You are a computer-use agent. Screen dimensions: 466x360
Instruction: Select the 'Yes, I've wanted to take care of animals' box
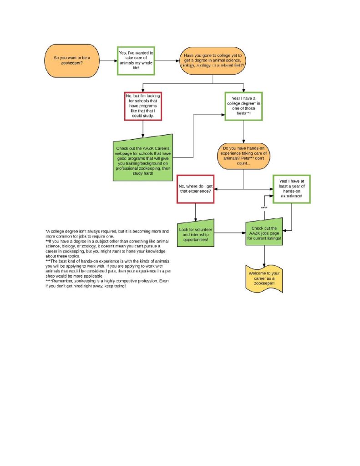click(136, 61)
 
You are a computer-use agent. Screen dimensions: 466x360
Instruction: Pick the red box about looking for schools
click(143, 106)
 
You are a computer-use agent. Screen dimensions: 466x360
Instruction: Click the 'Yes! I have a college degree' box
click(243, 106)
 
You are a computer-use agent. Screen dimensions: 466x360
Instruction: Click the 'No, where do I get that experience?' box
click(195, 188)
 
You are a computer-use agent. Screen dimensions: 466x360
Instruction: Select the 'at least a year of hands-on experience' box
click(291, 189)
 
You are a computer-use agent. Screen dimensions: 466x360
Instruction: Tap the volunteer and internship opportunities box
click(195, 233)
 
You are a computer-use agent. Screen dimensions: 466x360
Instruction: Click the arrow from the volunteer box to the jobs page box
click(229, 233)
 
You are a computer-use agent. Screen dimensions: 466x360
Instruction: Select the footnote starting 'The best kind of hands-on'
click(107, 268)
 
